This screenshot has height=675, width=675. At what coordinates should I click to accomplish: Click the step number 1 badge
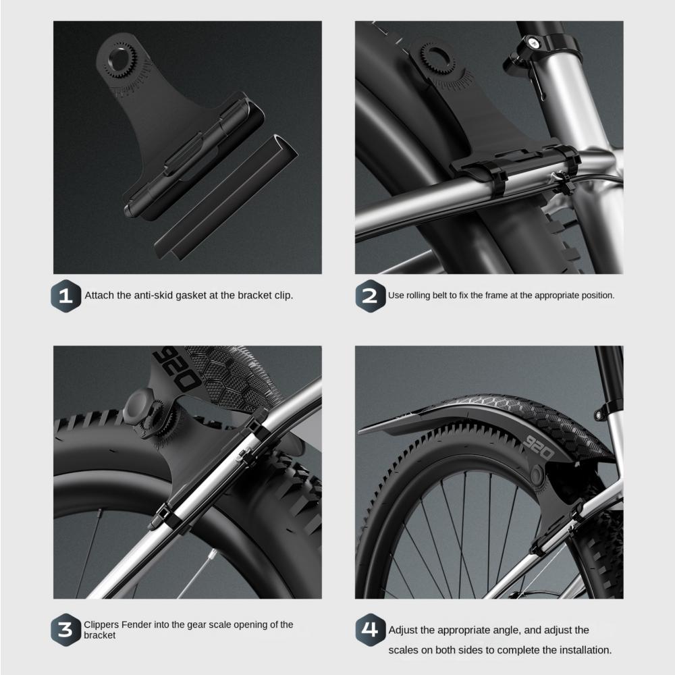coord(65,296)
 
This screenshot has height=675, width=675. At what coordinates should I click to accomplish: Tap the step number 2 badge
coord(369,296)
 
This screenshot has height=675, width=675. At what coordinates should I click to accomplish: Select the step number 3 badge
coord(65,630)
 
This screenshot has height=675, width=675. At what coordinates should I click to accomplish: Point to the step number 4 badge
coord(369,630)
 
